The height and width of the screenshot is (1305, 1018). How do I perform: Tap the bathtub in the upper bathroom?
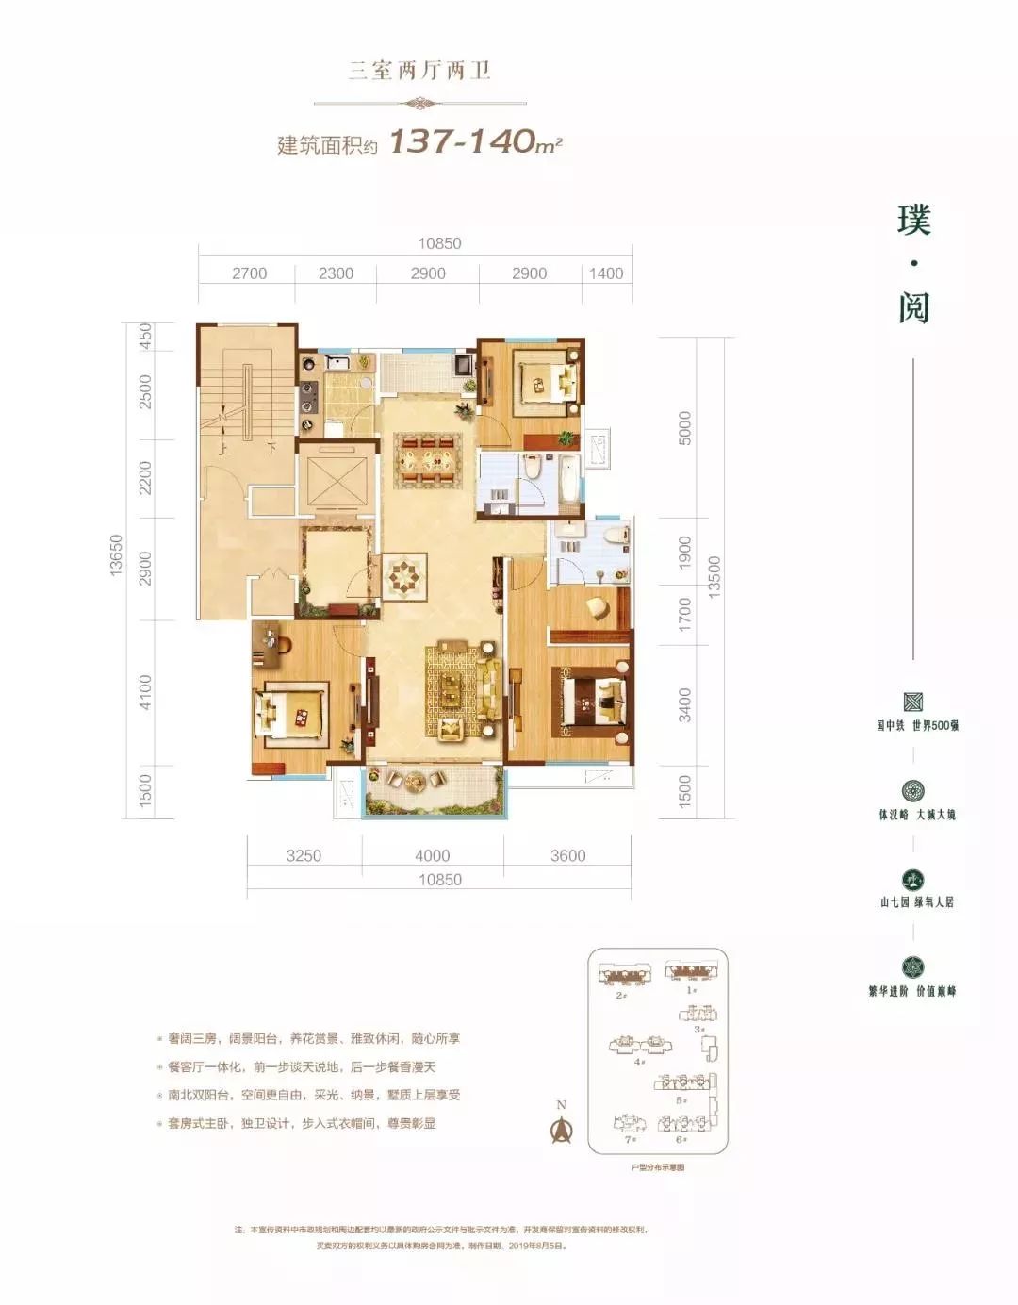[568, 479]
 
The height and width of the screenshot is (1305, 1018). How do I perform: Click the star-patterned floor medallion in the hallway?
[405, 577]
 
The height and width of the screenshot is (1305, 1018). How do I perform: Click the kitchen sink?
[337, 362]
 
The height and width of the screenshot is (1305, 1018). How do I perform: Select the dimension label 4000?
[433, 855]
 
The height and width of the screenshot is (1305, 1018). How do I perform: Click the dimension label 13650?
[116, 555]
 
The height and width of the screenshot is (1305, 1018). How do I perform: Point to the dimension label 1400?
[606, 273]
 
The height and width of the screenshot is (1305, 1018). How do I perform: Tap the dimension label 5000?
[685, 428]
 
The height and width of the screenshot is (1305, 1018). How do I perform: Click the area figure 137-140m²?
[475, 141]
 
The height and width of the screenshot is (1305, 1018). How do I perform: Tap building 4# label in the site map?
[639, 1062]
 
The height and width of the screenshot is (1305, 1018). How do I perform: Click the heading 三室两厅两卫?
[420, 71]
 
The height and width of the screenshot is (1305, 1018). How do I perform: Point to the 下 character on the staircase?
[271, 449]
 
